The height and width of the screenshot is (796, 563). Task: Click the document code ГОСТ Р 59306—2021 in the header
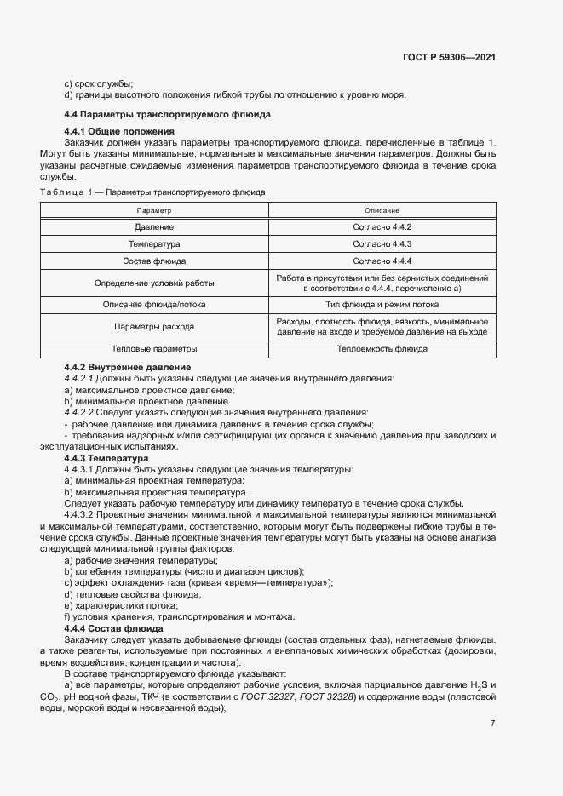pos(449,57)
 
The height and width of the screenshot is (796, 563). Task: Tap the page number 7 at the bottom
pos(493,724)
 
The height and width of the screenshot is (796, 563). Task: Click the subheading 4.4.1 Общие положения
pos(119,131)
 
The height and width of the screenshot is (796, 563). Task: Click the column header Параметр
pos(154,209)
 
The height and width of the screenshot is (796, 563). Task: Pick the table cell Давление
pos(154,227)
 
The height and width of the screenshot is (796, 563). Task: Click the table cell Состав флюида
pos(154,261)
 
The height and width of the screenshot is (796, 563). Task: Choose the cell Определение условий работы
pos(154,283)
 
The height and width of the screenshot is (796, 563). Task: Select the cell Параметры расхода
pos(154,326)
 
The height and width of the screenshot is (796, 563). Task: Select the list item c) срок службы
pos(98,83)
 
